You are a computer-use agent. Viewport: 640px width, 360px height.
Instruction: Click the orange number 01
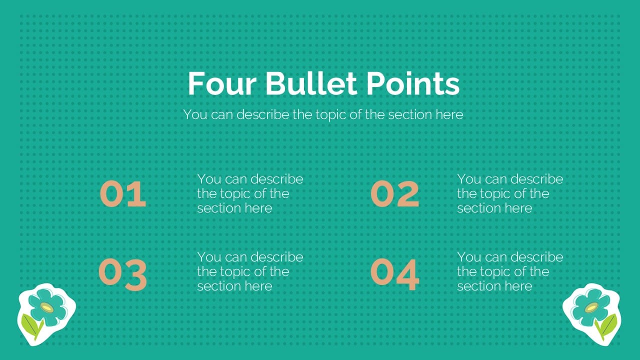point(123,194)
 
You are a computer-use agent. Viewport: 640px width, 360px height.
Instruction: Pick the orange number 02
point(394,194)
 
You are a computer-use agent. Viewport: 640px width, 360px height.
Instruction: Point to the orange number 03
point(123,274)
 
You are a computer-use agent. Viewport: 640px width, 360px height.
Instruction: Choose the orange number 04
point(394,274)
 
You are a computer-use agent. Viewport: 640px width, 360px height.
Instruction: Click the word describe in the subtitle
point(262,114)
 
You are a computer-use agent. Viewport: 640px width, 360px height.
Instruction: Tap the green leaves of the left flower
point(32,327)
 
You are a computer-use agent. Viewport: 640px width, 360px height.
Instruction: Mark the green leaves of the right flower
point(607,326)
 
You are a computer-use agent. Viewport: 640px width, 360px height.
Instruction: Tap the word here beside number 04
point(518,286)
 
